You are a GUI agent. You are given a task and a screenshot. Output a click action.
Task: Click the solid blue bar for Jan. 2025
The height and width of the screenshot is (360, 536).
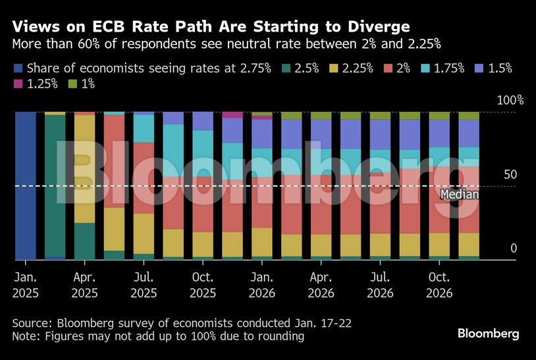(25, 186)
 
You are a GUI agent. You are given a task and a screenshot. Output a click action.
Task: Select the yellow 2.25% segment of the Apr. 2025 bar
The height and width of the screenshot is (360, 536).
(84, 168)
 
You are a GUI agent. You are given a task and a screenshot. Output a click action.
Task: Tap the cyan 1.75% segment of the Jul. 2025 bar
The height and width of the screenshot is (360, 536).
(144, 129)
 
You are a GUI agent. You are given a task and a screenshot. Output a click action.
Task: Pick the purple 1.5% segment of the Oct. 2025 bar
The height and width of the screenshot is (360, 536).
(203, 121)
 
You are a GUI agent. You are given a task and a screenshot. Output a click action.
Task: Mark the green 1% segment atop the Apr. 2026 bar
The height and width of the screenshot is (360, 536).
(321, 116)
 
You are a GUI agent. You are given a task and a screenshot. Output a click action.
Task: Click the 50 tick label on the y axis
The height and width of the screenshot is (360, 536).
(510, 174)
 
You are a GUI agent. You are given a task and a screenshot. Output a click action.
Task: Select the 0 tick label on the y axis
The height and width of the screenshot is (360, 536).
(514, 248)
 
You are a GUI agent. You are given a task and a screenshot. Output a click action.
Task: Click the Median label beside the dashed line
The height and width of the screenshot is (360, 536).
(459, 195)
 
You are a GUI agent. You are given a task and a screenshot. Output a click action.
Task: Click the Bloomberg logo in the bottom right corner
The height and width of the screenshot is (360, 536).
(488, 334)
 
